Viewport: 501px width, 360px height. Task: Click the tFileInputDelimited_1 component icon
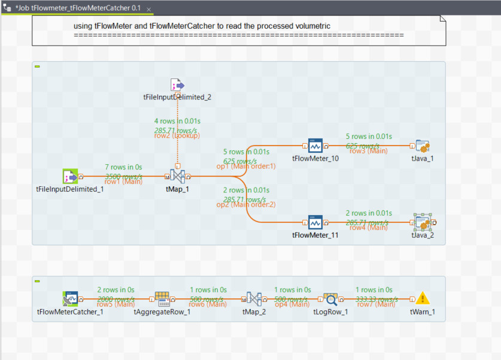(x=71, y=176)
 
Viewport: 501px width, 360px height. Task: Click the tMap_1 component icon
(x=177, y=176)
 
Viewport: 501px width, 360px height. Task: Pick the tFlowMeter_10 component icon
(x=315, y=146)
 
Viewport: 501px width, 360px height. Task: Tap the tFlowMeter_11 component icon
(x=315, y=222)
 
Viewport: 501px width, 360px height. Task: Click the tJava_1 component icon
(x=423, y=146)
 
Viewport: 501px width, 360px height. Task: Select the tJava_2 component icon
(x=423, y=222)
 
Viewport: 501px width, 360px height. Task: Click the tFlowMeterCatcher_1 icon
(x=71, y=298)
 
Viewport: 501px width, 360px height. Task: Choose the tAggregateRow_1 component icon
(x=162, y=298)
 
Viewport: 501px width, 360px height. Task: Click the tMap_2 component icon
(x=254, y=298)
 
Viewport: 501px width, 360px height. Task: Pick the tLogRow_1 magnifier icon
(x=330, y=298)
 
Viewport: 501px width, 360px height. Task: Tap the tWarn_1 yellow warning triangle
(x=423, y=298)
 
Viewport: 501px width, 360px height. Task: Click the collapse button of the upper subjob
(x=37, y=66)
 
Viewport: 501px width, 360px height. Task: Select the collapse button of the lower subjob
(x=37, y=281)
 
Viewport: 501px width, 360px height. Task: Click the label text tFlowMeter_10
(x=315, y=159)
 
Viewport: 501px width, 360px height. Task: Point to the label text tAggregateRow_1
(x=162, y=311)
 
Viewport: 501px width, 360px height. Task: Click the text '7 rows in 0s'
(x=123, y=167)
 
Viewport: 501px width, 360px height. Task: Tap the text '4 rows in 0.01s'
(x=177, y=120)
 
